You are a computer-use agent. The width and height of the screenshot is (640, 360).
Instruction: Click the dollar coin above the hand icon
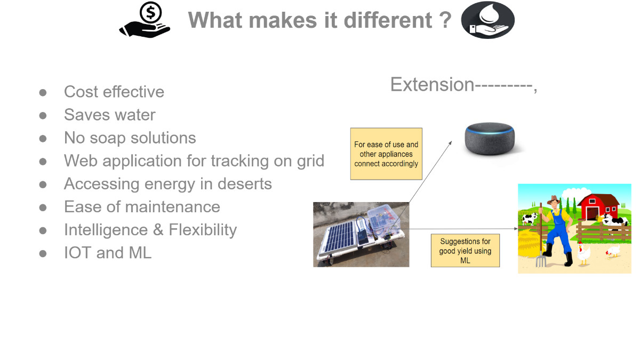(x=150, y=12)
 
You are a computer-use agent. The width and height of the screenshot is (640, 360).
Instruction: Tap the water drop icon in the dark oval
(x=489, y=13)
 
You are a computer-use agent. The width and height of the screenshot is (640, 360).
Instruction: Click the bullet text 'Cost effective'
(x=114, y=92)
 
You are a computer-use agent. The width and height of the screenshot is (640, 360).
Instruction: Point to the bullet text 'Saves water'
(x=110, y=115)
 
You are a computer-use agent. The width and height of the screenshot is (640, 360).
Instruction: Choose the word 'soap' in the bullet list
(x=108, y=138)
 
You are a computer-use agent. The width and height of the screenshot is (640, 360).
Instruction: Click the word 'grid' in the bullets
(x=310, y=161)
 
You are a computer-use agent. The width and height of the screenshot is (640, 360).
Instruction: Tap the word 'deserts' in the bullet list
(x=245, y=183)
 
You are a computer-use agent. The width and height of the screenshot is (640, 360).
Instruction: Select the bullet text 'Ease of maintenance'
(x=142, y=207)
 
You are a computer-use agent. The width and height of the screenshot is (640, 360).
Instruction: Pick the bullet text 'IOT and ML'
(x=108, y=253)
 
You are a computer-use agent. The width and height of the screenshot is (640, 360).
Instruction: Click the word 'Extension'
(x=433, y=85)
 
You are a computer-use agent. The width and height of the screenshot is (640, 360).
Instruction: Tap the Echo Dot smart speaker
(x=490, y=139)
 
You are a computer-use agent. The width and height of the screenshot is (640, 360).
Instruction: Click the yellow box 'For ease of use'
(x=386, y=154)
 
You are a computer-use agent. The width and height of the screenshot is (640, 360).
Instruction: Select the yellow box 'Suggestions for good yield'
(x=466, y=251)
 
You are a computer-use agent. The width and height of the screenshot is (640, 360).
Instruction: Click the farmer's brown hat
(x=554, y=199)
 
